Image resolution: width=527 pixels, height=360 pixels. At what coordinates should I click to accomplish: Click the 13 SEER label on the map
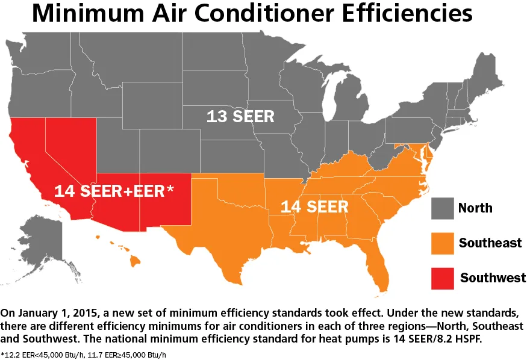240,116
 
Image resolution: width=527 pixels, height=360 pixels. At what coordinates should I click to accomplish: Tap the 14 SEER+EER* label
114,191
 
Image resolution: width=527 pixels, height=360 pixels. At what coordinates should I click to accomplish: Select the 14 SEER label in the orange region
314,206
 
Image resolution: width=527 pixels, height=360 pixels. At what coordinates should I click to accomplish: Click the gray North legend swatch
441,208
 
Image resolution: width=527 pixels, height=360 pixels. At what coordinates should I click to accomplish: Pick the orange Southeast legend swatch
441,243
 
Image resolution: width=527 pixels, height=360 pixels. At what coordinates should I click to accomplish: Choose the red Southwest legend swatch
441,277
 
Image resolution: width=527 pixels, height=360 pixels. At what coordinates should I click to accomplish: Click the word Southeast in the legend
490,243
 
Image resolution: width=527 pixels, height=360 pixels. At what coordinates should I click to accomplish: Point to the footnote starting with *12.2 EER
84,355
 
